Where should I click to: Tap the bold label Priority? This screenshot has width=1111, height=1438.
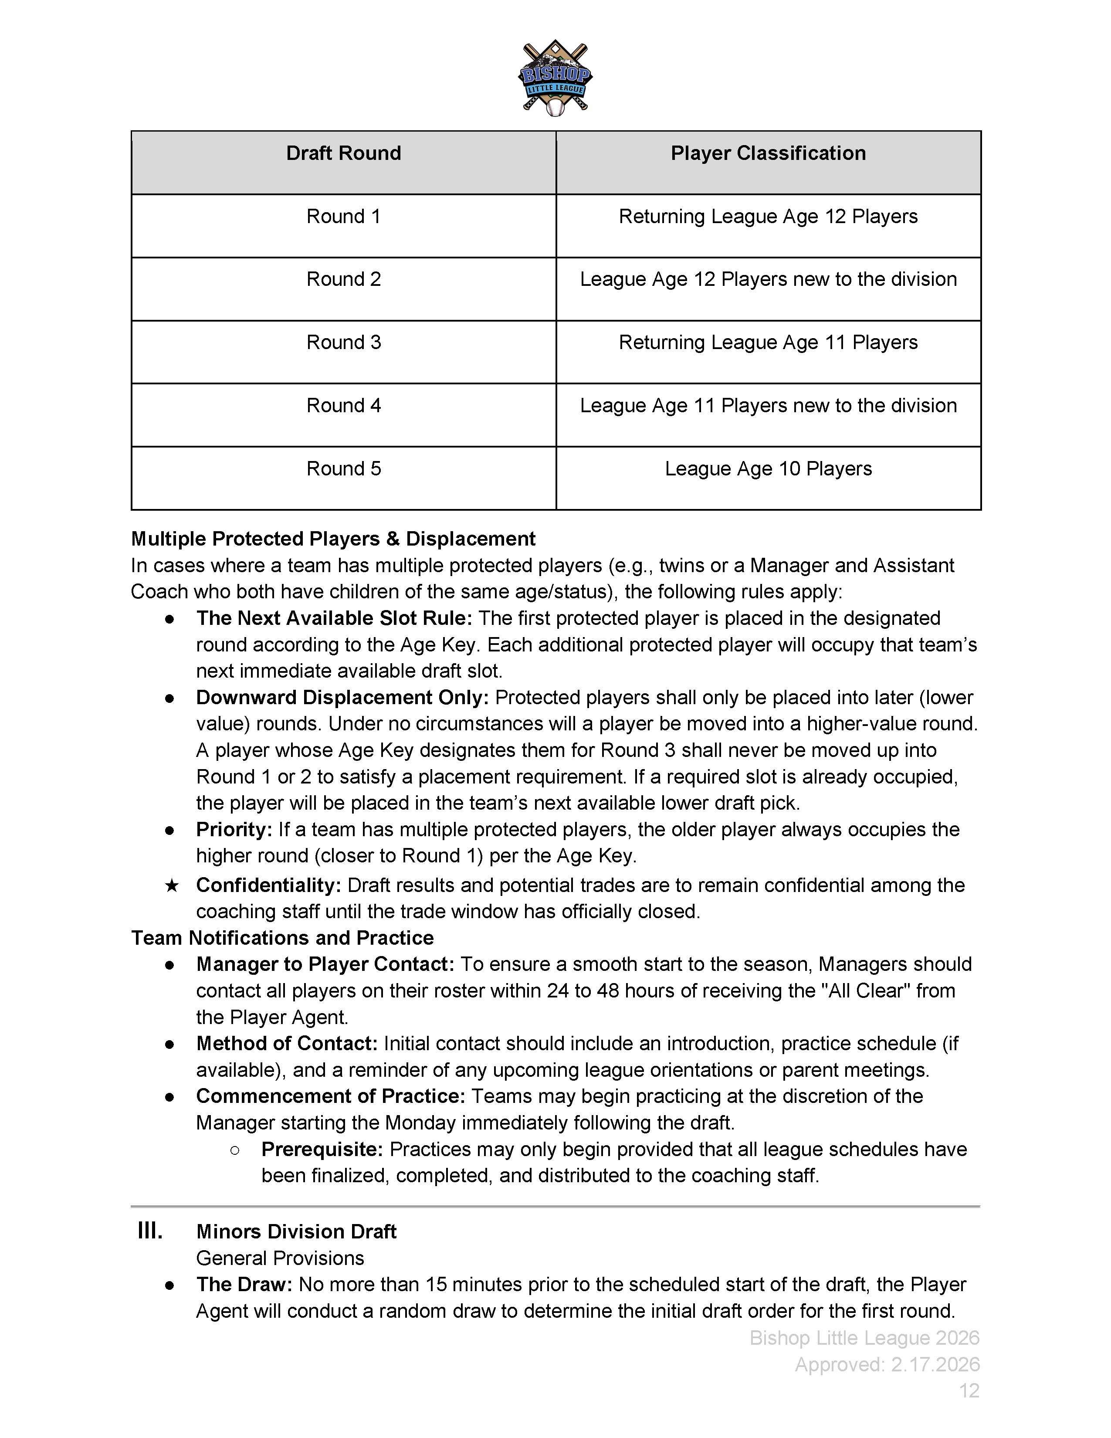[234, 830]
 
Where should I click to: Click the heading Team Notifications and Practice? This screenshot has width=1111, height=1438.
[282, 938]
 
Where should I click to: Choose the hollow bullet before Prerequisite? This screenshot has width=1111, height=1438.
[235, 1150]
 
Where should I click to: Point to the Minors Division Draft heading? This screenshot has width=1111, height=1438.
[296, 1231]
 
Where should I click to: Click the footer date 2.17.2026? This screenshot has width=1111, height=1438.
[935, 1364]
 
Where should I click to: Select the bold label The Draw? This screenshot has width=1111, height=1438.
[244, 1285]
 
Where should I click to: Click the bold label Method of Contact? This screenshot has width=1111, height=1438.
[286, 1044]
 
